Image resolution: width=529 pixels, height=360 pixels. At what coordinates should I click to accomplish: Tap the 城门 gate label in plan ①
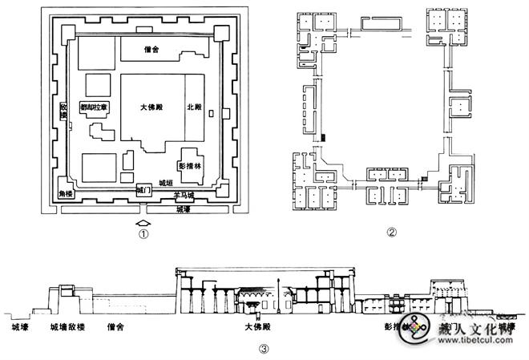[143, 191]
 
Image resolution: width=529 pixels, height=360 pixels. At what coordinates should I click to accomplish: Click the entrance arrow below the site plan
[142, 222]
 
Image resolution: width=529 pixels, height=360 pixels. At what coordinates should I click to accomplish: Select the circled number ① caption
[142, 235]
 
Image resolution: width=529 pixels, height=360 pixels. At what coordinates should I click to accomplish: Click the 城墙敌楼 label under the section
[68, 328]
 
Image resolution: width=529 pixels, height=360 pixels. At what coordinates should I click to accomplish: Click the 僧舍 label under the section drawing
[116, 328]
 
